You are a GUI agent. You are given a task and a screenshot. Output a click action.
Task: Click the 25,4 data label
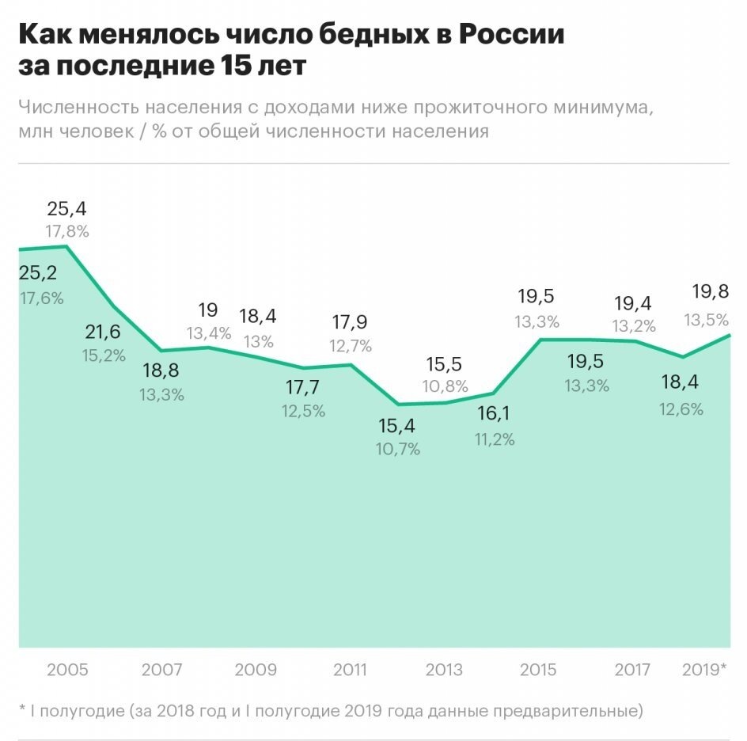(67, 209)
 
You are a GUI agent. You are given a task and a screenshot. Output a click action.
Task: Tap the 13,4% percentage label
(208, 333)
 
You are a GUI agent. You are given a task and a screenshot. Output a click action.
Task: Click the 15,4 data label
(398, 426)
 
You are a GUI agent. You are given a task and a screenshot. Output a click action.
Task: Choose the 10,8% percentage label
(445, 387)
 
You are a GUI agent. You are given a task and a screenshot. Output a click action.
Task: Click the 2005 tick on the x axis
(67, 670)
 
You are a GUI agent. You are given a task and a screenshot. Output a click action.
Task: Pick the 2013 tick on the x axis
(445, 670)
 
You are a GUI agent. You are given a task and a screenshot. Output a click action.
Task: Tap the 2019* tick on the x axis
(703, 670)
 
